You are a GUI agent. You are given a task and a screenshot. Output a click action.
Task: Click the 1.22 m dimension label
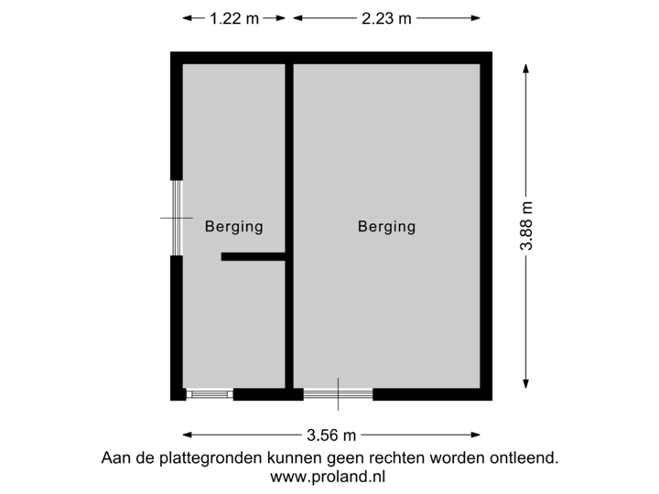233,17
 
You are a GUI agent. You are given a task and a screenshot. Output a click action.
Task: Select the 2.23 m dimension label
386,17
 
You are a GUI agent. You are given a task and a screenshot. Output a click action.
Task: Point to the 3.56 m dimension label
331,435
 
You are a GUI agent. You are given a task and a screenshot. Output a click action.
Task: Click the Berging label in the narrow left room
233,227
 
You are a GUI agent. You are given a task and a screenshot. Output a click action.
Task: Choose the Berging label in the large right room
386,226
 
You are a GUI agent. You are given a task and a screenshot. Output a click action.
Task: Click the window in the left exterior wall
176,218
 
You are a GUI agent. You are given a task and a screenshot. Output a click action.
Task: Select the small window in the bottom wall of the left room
210,395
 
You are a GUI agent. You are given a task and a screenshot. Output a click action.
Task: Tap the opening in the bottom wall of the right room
338,395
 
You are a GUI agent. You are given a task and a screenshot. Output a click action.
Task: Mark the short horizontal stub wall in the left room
254,258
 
